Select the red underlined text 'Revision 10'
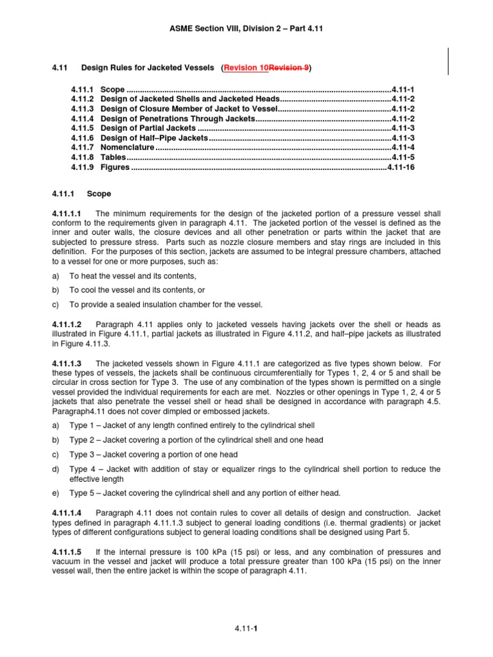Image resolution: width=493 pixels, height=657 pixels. [246, 67]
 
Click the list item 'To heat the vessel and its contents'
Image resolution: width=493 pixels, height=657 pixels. [133, 275]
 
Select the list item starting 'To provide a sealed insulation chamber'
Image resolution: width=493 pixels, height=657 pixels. [166, 304]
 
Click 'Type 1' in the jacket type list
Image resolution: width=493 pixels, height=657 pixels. [80, 426]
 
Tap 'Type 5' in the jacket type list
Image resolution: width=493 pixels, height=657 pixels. [80, 493]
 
